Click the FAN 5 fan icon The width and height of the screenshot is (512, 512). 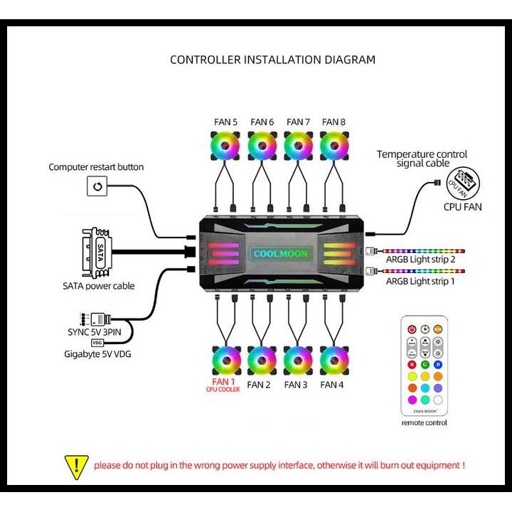225,145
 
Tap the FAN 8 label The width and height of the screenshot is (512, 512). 334,122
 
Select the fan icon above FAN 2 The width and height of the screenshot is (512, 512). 262,361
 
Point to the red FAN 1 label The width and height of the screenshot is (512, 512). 225,382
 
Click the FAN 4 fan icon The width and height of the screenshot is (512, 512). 334,361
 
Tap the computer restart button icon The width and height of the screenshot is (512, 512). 97,188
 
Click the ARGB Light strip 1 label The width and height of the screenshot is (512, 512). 420,282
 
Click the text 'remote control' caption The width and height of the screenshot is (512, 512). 425,422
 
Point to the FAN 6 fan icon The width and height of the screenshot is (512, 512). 262,145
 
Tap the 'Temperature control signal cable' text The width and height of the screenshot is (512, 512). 422,159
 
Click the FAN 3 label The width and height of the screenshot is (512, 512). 296,385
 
